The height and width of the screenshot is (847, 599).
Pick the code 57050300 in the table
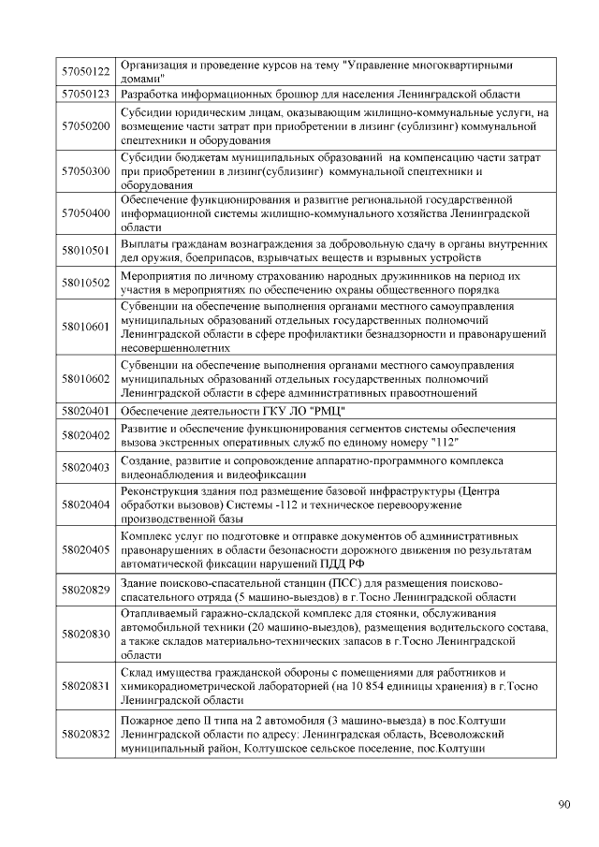tap(85, 171)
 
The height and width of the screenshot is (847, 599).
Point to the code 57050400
tap(85, 214)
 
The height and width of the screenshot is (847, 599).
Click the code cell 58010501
tap(85, 250)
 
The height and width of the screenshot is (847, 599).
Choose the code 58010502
tap(85, 283)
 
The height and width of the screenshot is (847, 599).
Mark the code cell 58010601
tap(85, 327)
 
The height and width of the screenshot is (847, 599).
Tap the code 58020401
tap(85, 411)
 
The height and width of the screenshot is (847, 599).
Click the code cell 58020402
tap(85, 435)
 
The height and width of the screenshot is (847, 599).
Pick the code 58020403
tap(85, 467)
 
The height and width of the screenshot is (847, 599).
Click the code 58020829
tap(85, 591)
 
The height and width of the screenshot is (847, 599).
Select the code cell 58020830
tap(85, 634)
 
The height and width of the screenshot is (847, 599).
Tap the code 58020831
tap(85, 686)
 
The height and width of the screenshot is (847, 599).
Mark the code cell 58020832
tap(85, 734)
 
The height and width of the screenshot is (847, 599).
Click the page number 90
tap(563, 803)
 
